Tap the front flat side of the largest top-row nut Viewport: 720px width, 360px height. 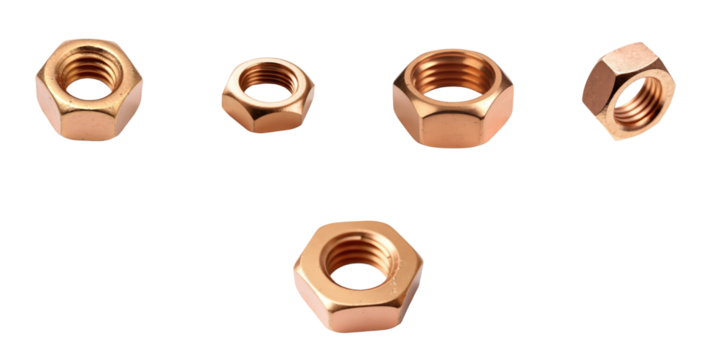point(449,128)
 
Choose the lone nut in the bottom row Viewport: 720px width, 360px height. point(357,275)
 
